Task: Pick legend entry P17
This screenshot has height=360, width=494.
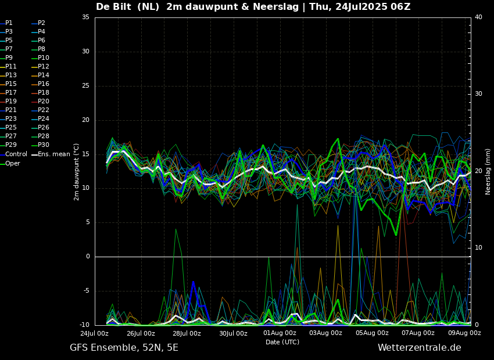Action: (x=11, y=93)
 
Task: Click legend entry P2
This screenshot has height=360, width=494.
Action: (x=41, y=23)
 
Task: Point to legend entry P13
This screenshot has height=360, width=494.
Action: (x=11, y=75)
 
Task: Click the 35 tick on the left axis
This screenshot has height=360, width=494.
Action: (x=85, y=17)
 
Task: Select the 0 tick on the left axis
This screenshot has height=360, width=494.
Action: (x=88, y=257)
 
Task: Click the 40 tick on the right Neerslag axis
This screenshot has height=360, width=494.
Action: (x=478, y=17)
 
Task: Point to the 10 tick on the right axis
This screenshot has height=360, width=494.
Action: (x=478, y=248)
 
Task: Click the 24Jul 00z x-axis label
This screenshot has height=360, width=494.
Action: (x=94, y=333)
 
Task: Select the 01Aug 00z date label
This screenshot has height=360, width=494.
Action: (x=280, y=333)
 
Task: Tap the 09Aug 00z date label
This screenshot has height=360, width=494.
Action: (x=464, y=333)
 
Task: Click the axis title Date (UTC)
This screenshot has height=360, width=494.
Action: (x=282, y=342)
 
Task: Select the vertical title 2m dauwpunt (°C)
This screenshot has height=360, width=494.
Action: (x=77, y=171)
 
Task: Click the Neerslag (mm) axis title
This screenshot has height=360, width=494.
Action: (x=488, y=171)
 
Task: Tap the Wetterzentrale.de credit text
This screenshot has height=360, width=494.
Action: (x=419, y=348)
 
